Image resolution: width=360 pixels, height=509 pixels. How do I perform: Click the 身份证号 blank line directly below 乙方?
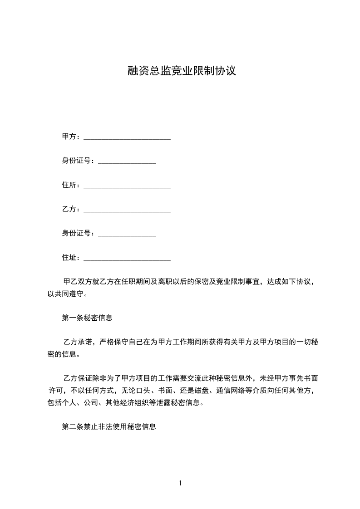(x=127, y=235)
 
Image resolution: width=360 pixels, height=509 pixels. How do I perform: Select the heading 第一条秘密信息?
(x=87, y=318)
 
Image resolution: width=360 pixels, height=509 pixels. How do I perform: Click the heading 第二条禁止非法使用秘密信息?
(x=109, y=427)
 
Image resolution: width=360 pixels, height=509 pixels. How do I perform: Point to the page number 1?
(x=180, y=483)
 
